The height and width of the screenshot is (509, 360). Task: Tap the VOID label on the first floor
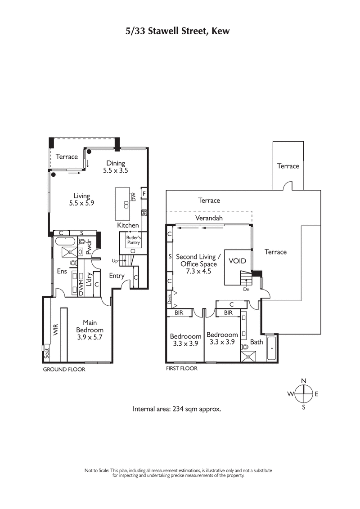coord(237,261)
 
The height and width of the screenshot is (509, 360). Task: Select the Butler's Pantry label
coord(133,240)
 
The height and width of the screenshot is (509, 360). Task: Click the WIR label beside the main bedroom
coord(56,330)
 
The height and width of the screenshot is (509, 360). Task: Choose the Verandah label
coord(208,218)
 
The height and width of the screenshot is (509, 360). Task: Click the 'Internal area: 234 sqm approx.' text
coord(177,409)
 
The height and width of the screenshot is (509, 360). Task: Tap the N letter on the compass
coord(304,381)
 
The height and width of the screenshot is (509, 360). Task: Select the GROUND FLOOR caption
coord(63,369)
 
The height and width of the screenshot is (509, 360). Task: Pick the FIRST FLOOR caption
coord(181,368)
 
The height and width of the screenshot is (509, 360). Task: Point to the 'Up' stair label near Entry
coord(115,261)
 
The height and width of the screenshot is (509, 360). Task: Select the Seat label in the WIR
coord(46,355)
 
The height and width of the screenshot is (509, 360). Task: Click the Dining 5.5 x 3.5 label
coord(116,167)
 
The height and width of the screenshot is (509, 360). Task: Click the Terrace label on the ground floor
coord(67,156)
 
